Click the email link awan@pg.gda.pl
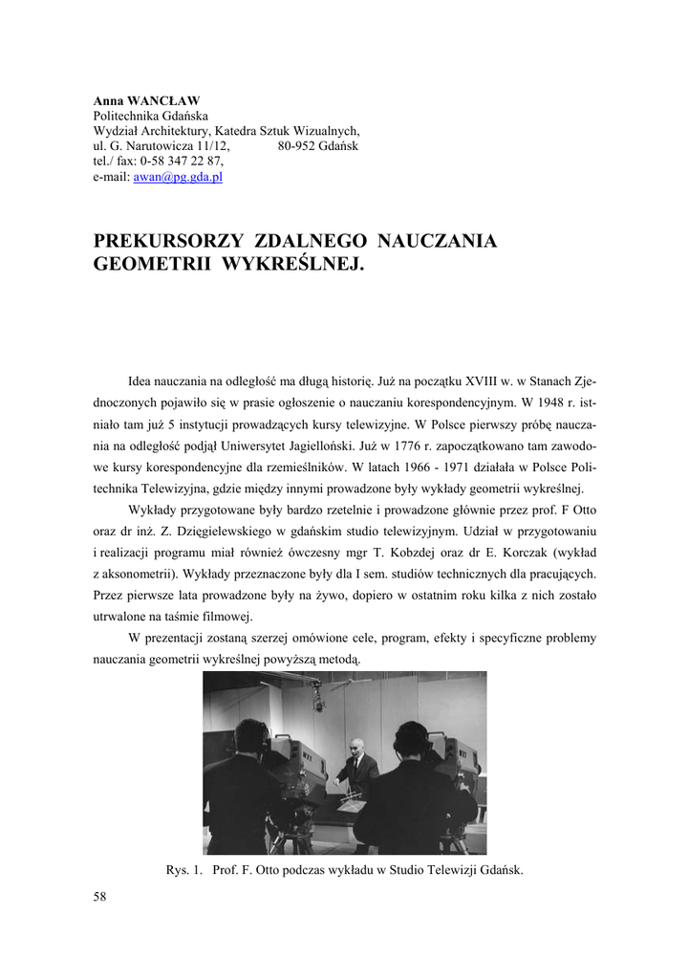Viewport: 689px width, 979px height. click(x=178, y=177)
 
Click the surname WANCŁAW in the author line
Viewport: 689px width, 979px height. click(x=157, y=99)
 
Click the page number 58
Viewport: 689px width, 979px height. click(x=100, y=896)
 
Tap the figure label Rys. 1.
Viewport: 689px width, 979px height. click(x=183, y=870)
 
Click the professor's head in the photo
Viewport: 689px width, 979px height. click(x=355, y=744)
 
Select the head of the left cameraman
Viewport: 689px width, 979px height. click(x=251, y=737)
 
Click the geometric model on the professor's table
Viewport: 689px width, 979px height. click(x=355, y=795)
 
